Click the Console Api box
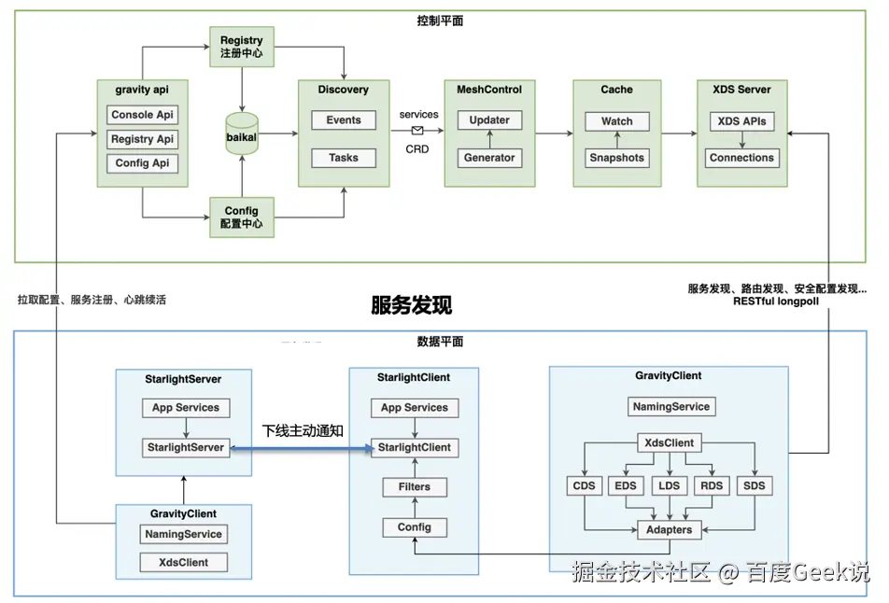143,115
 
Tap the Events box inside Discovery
344,120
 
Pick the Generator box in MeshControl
489,158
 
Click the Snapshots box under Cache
616,158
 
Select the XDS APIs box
741,121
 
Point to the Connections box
741,158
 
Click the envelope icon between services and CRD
417,131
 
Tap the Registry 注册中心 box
242,47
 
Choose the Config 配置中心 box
242,217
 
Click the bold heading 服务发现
411,305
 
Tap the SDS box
755,486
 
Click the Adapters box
669,529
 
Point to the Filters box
415,486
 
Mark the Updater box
489,120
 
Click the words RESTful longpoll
777,301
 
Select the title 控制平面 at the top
440,21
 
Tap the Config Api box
143,163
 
